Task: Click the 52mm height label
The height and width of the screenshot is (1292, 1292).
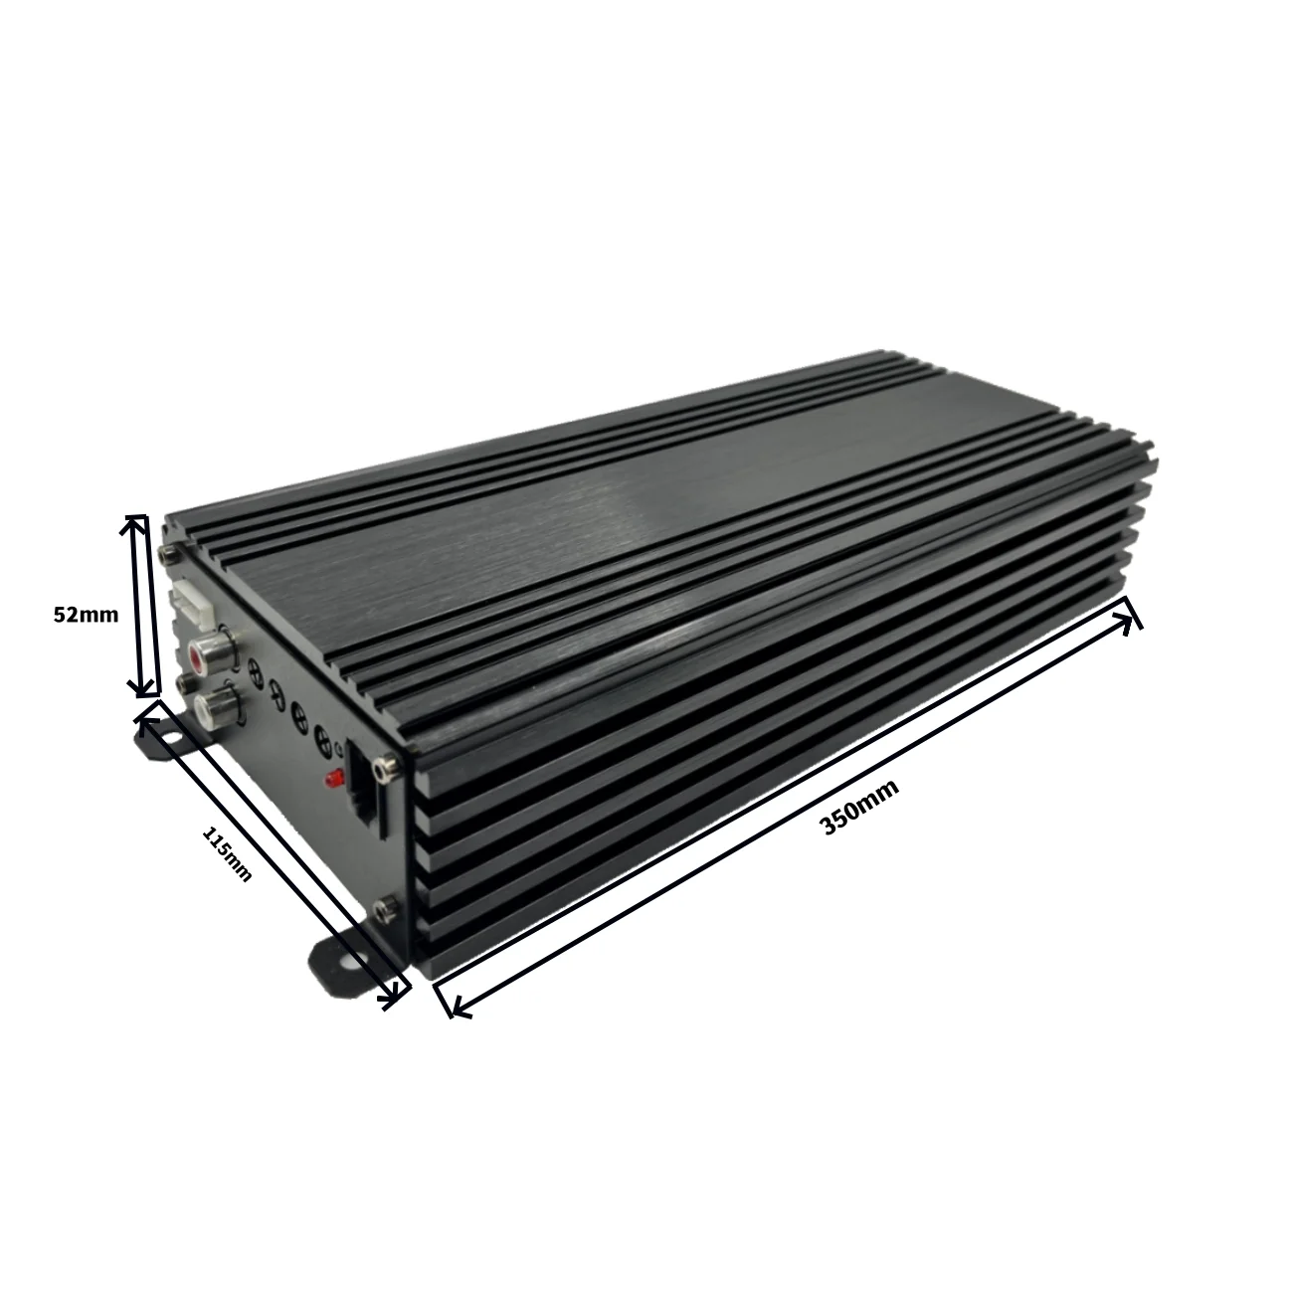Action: (x=85, y=615)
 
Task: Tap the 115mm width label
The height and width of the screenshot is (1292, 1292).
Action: (x=227, y=851)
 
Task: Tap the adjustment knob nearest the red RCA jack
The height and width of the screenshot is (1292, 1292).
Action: (x=256, y=672)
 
